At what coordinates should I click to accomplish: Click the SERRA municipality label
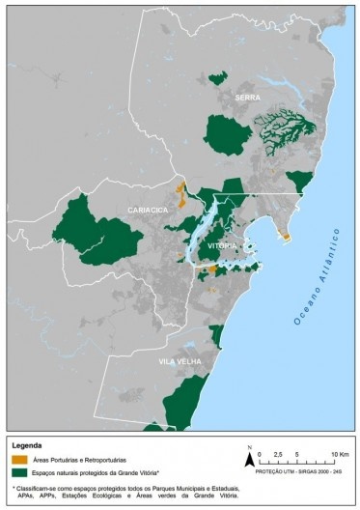click(x=247, y=98)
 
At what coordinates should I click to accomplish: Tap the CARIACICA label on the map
click(x=149, y=209)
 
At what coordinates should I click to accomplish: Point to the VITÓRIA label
click(x=221, y=246)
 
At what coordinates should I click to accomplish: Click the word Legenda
click(x=28, y=433)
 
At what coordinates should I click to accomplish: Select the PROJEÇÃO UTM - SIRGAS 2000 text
click(x=299, y=469)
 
